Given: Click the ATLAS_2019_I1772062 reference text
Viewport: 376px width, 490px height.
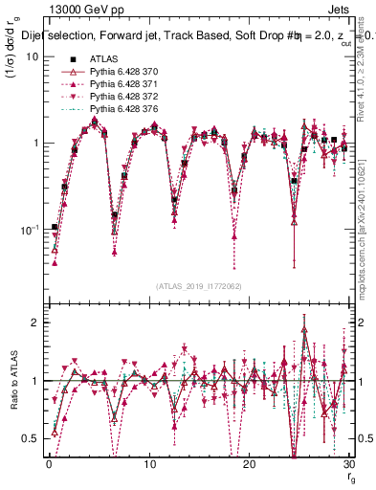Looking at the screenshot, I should coord(200,286).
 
